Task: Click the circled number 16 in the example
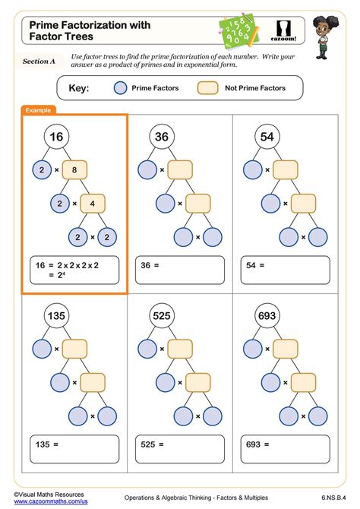[56, 137]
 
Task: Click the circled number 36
[161, 137]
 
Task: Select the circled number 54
[266, 137]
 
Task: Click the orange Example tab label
[38, 110]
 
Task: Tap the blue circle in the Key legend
[120, 88]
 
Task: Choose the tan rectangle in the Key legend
[207, 88]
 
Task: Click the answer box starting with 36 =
[180, 270]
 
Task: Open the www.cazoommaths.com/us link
[51, 502]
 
